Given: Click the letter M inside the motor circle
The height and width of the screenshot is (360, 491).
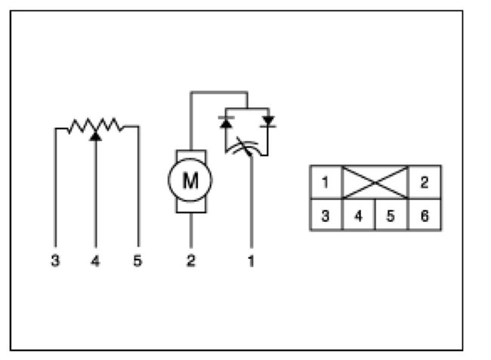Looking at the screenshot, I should click(190, 180).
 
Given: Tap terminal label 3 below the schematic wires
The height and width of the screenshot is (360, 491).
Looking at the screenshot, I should click(56, 261).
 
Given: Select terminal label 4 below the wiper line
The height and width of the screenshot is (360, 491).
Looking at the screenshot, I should click(95, 261).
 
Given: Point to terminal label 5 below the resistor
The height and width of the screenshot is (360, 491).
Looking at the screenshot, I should click(137, 261).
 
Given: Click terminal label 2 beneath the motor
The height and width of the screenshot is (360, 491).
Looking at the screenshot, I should click(191, 261).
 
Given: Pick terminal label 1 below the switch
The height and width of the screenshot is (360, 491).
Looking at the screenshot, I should click(251, 261).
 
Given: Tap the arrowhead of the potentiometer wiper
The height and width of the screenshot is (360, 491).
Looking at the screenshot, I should click(95, 137).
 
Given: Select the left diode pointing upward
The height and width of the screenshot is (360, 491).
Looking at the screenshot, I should click(226, 119).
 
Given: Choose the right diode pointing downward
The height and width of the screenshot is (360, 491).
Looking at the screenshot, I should click(268, 119).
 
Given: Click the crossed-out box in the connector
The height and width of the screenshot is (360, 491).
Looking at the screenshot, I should click(375, 183).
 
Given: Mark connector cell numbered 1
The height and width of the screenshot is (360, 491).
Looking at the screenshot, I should click(326, 183).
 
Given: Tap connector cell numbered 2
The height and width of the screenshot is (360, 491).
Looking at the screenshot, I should click(425, 183).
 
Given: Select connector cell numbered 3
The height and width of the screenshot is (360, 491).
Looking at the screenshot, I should click(326, 215).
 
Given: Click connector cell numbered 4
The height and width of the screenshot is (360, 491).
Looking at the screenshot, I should click(359, 215).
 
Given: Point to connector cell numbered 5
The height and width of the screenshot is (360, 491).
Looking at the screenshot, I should click(391, 215).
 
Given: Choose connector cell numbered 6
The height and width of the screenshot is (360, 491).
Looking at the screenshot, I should click(425, 215).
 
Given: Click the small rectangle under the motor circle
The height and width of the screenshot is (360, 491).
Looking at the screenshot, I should click(190, 206).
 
